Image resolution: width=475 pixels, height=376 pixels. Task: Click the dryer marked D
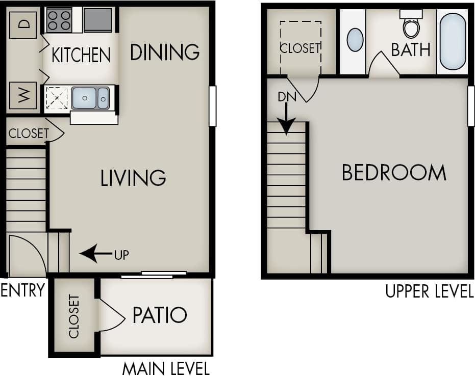[23, 23]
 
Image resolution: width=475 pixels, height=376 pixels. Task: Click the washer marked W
[23, 95]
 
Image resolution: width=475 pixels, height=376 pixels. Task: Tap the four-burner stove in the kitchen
[59, 20]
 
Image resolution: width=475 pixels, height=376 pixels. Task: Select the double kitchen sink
[90, 98]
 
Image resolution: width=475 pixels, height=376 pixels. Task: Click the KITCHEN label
[81, 55]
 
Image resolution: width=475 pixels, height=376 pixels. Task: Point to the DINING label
[164, 52]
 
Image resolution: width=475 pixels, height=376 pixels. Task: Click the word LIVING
[133, 178]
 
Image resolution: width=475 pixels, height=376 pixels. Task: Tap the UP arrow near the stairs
[97, 253]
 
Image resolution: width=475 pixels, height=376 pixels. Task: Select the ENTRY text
[22, 291]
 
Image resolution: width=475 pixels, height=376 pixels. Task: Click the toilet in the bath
[411, 25]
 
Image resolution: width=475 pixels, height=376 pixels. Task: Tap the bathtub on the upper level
[453, 41]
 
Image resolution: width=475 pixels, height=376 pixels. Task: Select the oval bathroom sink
[355, 40]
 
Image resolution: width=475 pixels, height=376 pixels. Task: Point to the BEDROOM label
[393, 173]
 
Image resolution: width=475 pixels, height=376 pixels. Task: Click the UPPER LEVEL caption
[429, 291]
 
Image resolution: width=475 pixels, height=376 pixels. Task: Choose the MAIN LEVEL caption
[166, 368]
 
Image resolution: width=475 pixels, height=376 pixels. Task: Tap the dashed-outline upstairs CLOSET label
[300, 48]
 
